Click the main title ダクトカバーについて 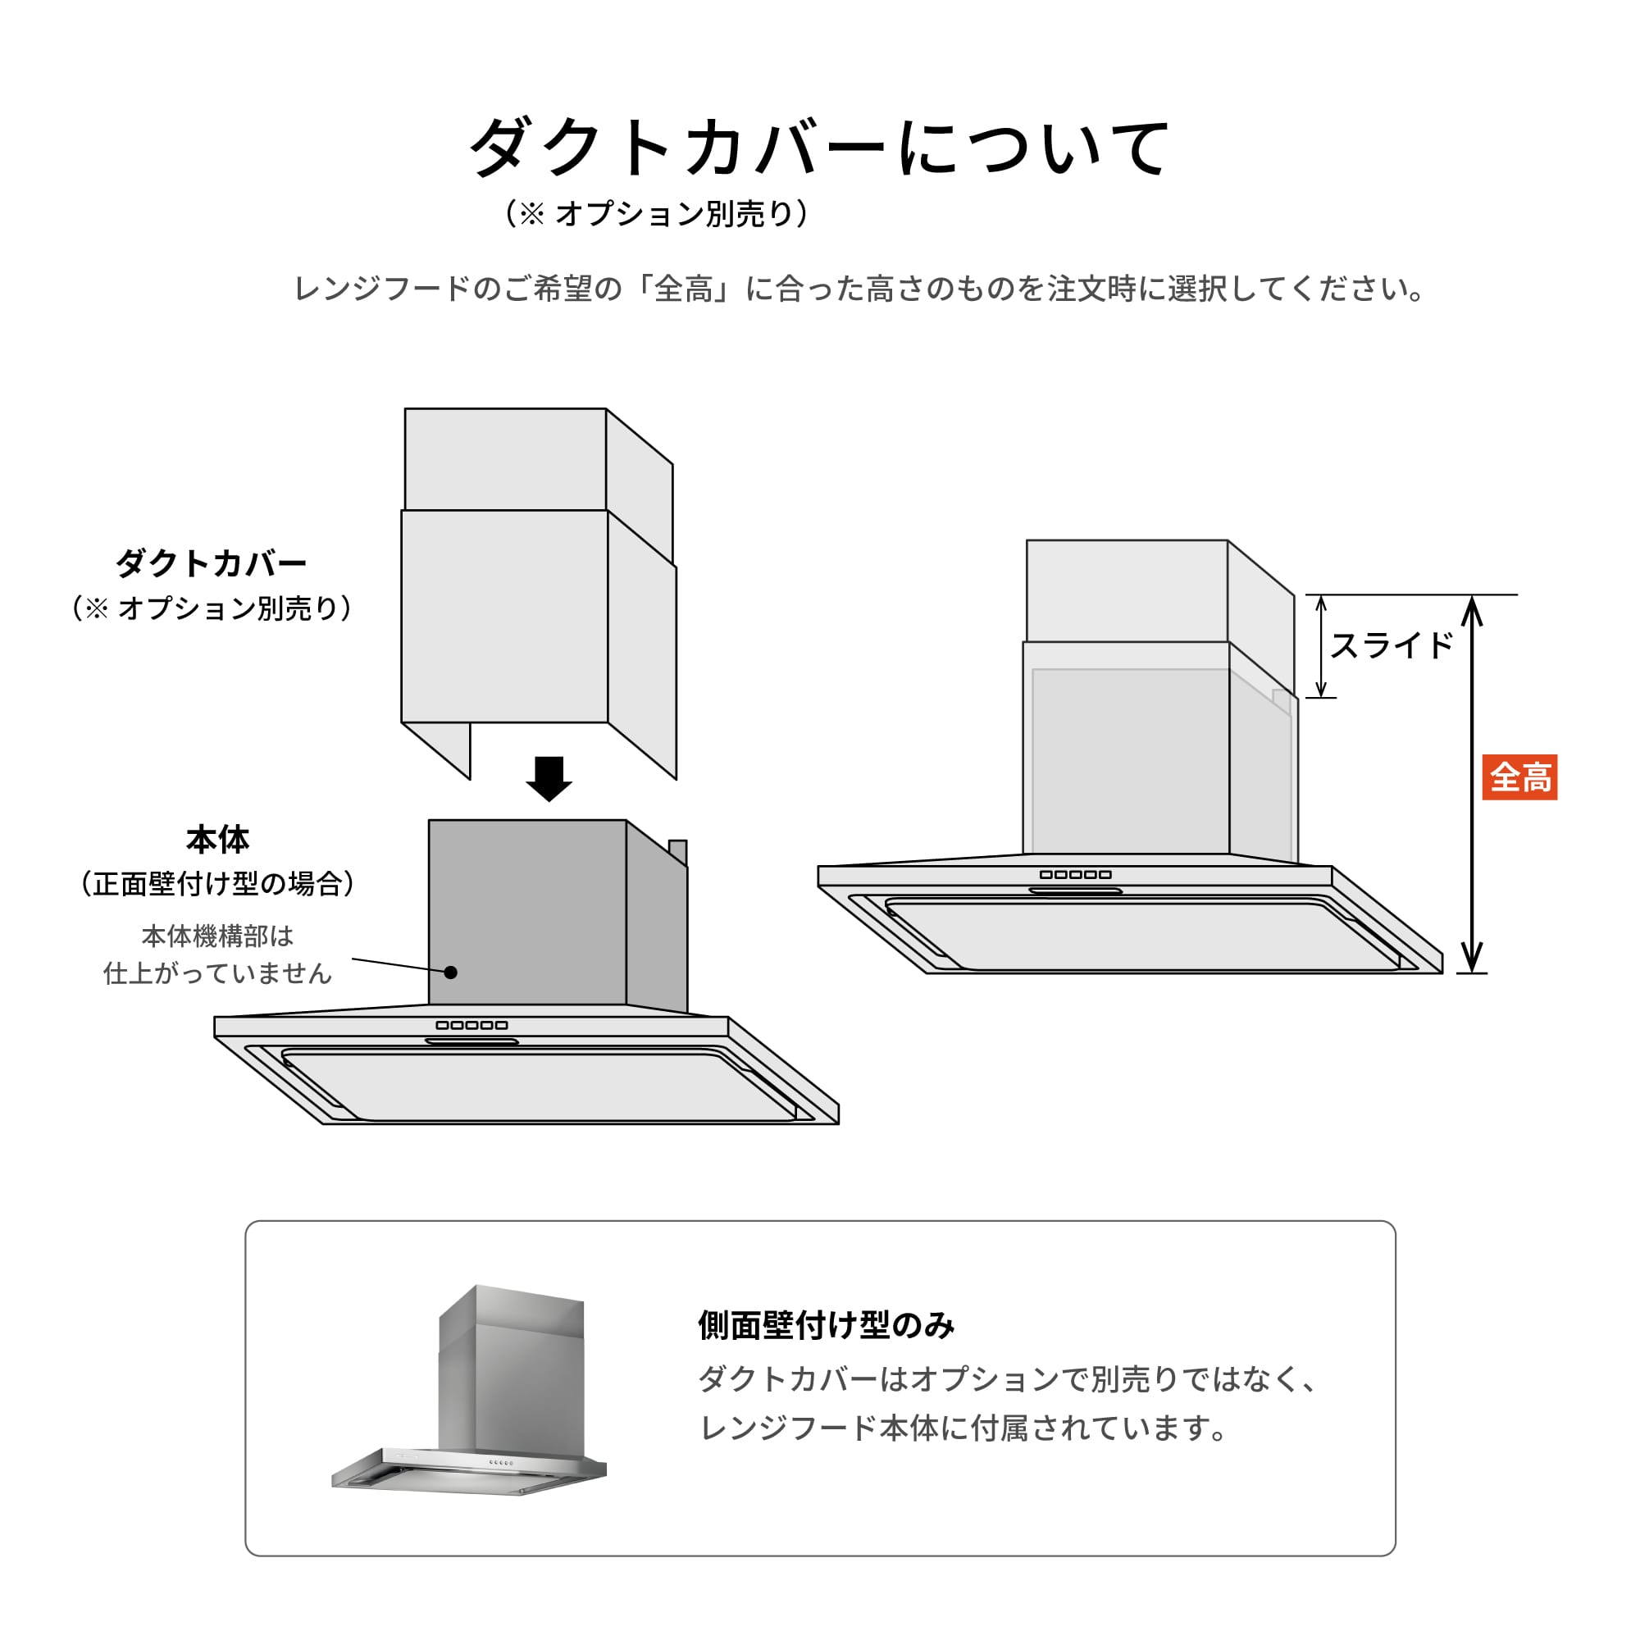[x=819, y=148]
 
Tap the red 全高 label [x=1519, y=777]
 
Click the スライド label [x=1392, y=646]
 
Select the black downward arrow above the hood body [x=549, y=777]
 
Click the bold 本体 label [x=217, y=840]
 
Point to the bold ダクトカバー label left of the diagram [x=211, y=563]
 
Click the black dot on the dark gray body [x=451, y=973]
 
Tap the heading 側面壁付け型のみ [x=826, y=1325]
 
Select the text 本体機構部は [x=217, y=936]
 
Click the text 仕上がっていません [x=217, y=973]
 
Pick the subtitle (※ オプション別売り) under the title [x=656, y=214]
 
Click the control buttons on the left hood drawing [x=471, y=1026]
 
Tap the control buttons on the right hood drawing [x=1076, y=874]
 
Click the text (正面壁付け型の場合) [x=217, y=884]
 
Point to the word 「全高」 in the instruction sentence [x=684, y=289]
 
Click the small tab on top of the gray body [x=677, y=850]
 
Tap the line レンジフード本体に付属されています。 [x=963, y=1428]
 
